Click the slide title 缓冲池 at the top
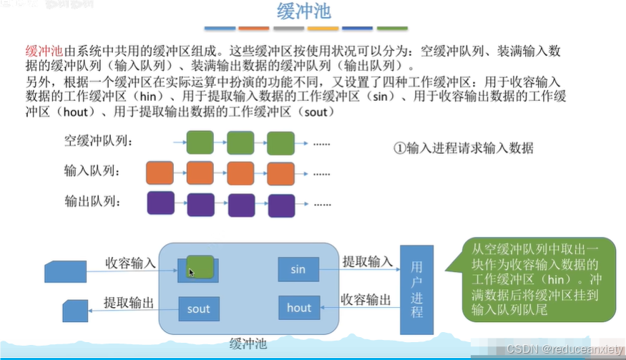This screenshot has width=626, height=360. (x=304, y=12)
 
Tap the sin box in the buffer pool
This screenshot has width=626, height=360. (x=298, y=270)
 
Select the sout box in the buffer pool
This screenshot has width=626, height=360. (x=198, y=308)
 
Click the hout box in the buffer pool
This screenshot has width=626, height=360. (x=298, y=308)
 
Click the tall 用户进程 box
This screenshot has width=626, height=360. (x=417, y=289)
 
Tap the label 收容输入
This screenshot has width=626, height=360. (x=130, y=262)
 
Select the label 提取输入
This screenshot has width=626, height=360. (x=367, y=262)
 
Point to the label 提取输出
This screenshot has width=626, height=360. (x=129, y=302)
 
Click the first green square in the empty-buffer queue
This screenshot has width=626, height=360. (x=200, y=143)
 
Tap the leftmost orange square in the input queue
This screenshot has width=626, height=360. (x=159, y=173)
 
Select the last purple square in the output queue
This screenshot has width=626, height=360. (x=281, y=204)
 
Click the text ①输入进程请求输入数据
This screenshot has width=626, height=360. (x=464, y=149)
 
